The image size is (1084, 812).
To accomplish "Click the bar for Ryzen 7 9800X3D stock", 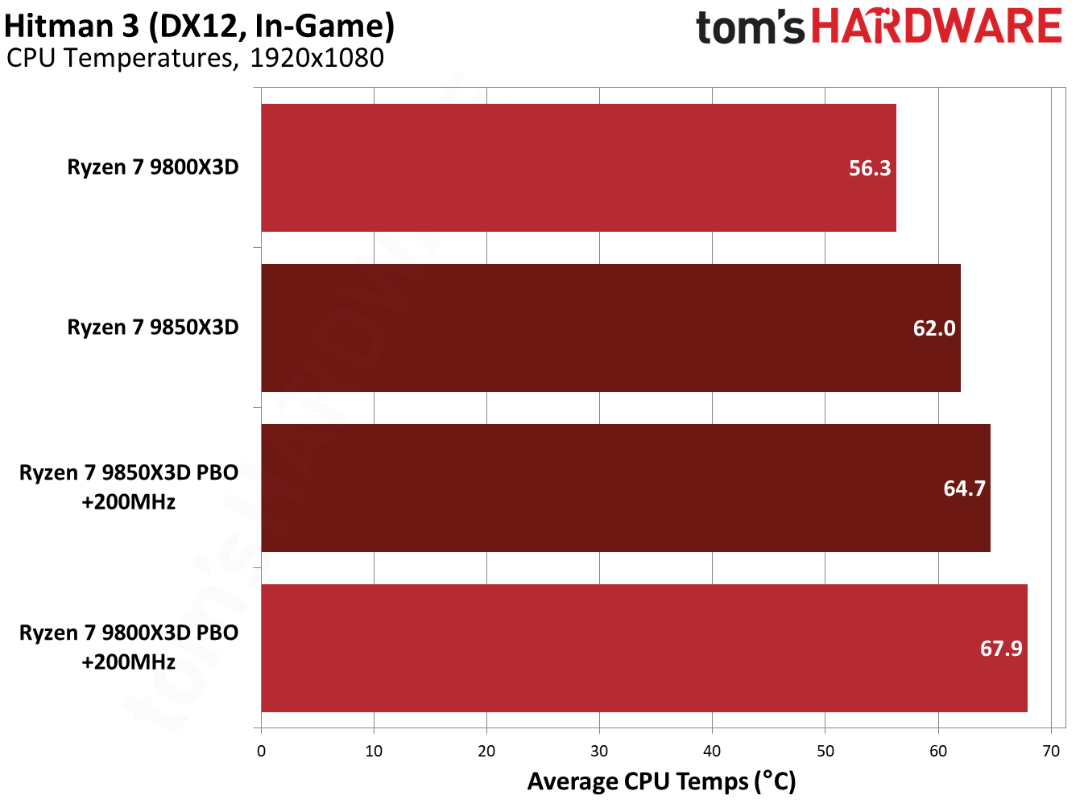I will click(578, 167).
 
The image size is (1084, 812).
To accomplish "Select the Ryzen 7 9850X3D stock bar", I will click(610, 328).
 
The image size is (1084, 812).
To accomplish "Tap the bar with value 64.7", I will click(626, 488).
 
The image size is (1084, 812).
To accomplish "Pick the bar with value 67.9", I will click(644, 648).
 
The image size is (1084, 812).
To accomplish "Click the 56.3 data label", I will click(870, 168).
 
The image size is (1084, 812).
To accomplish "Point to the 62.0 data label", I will click(933, 328).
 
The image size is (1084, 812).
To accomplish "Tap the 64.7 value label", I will click(964, 488).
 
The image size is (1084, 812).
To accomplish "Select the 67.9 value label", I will click(1000, 649).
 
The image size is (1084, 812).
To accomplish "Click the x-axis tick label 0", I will click(261, 752).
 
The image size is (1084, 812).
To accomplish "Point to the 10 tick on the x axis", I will click(374, 752).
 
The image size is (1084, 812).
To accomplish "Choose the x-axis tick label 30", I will click(599, 752).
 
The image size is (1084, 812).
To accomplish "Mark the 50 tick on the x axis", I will click(825, 752).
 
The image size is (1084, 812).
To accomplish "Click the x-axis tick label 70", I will click(1050, 752).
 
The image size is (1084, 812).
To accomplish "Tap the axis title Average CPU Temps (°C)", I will click(661, 781).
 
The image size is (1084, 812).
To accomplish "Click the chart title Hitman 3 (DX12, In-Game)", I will click(199, 26).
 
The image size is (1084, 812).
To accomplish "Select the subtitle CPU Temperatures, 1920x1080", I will click(195, 58).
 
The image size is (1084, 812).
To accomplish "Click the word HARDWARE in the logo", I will click(936, 27).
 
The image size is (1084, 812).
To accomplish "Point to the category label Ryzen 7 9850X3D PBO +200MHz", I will click(129, 487).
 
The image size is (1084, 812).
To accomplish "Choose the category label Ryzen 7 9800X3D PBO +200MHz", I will click(129, 647).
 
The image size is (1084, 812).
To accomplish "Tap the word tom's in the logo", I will click(750, 27).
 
